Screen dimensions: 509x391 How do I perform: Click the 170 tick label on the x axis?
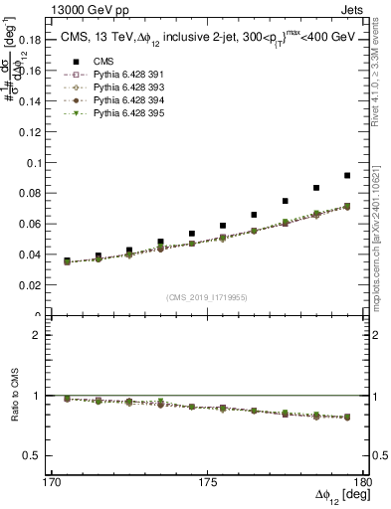[54, 481]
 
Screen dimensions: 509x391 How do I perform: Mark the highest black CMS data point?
[347, 175]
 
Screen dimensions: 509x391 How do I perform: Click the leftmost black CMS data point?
[67, 260]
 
